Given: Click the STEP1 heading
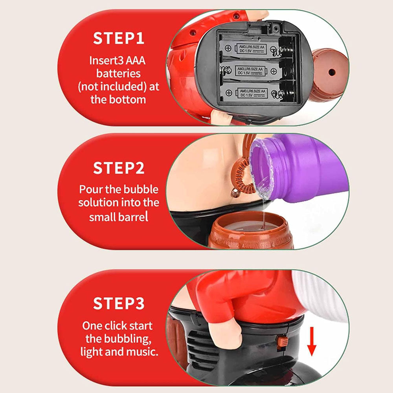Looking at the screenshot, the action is [x=119, y=38].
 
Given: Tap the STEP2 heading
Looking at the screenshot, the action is [x=119, y=168].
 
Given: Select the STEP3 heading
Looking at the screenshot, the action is [x=119, y=303].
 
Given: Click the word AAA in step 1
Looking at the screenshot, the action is [x=135, y=61].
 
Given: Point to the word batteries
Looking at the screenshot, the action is [x=119, y=73].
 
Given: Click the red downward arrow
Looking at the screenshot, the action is [x=312, y=341].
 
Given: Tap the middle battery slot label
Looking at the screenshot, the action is [x=250, y=71].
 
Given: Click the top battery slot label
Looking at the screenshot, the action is [x=252, y=49].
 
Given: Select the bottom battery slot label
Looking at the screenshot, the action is [x=252, y=93].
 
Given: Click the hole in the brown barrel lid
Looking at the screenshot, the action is [x=332, y=72].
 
